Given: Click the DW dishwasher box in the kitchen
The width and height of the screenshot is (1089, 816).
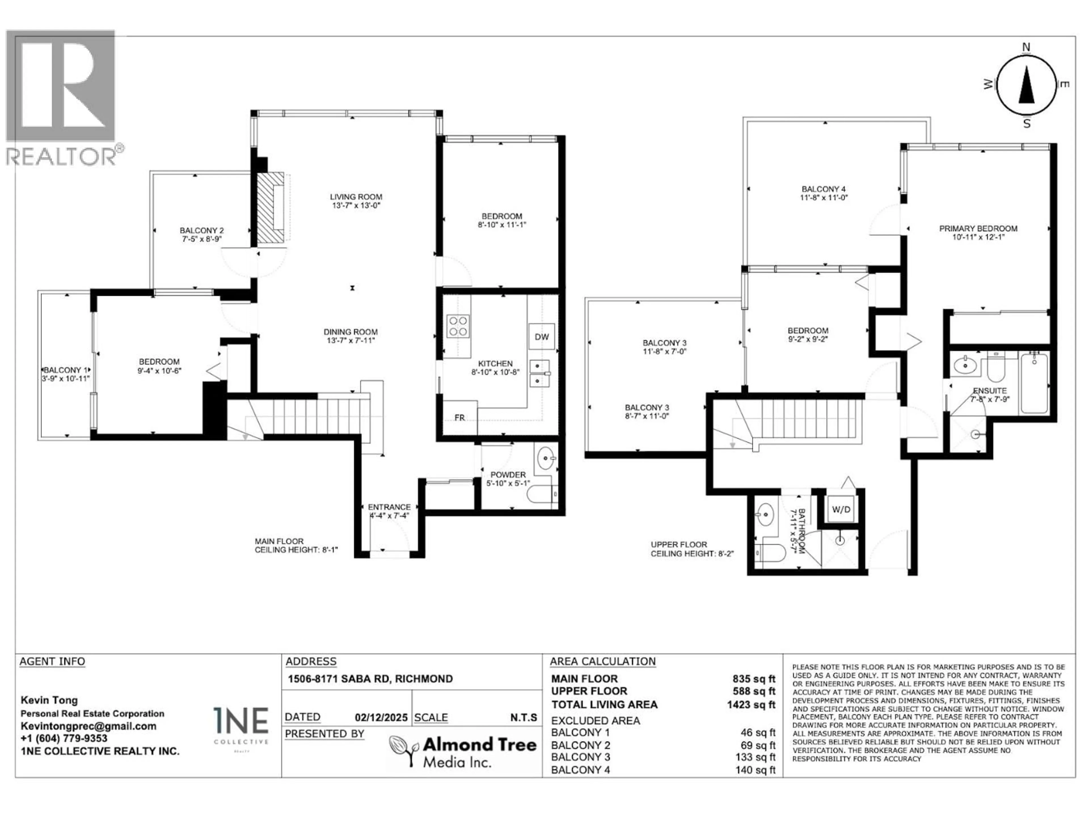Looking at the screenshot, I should tap(542, 336).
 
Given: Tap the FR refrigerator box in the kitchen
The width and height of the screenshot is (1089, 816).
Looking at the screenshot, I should tap(459, 418).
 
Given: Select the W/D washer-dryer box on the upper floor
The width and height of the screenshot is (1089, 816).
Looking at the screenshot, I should tap(841, 509).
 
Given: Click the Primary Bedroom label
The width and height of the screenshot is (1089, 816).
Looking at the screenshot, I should tap(978, 232).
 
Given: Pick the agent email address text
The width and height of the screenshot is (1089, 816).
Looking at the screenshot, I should tap(88, 726).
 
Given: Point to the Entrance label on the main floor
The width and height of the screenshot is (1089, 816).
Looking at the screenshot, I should tap(389, 511).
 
